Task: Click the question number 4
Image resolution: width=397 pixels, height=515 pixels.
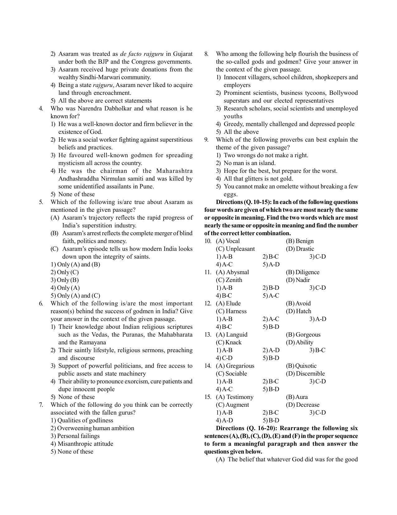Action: tap(41, 109)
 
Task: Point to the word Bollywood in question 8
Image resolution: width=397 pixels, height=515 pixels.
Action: tap(343, 93)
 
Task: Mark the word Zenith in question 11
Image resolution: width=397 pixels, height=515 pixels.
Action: tap(234, 280)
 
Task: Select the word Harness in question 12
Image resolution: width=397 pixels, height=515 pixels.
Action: tap(236, 311)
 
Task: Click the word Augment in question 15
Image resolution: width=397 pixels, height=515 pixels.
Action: tap(237, 405)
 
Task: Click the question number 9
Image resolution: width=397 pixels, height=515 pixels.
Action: tap(206, 140)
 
